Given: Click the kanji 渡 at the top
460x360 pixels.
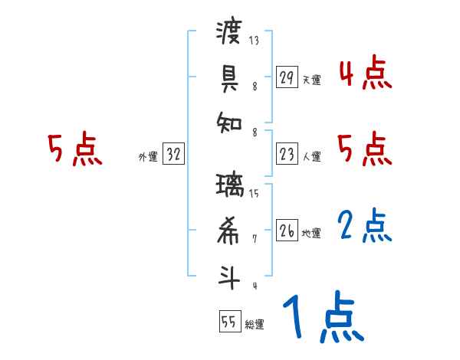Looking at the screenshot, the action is click(229, 34).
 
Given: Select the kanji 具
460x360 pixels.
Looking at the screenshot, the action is click(229, 77).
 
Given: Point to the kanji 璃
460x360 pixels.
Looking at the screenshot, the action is click(229, 186).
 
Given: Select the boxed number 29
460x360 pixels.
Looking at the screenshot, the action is click(287, 77).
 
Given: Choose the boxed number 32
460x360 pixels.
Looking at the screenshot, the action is click(173, 155).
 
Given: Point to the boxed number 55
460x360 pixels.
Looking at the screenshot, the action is click(229, 322).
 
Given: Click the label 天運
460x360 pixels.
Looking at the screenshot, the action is click(310, 80).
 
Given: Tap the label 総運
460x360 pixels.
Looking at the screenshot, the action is click(255, 325).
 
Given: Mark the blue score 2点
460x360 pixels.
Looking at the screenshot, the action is click(365, 225).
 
